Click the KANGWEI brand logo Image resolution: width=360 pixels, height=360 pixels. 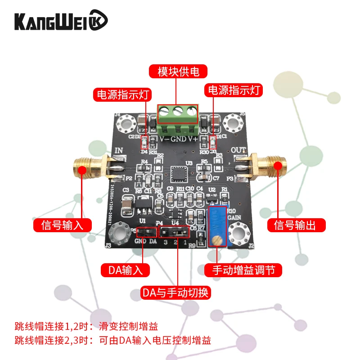[x=61, y=21]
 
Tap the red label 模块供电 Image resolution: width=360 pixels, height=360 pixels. [x=179, y=72]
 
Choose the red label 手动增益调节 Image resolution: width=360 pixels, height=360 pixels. [x=243, y=270]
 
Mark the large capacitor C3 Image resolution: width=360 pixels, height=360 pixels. [x=127, y=203]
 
